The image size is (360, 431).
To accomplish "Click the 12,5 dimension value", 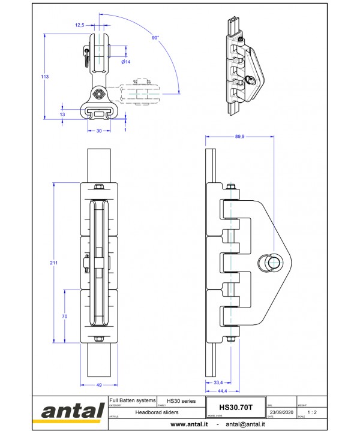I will [x=79, y=25].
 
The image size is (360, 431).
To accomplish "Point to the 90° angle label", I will [x=155, y=38].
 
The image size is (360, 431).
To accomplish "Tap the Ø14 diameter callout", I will [x=126, y=62].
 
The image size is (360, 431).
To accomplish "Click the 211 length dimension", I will [x=55, y=262].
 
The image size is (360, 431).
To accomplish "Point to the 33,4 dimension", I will [x=218, y=382].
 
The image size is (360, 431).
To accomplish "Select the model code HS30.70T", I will [x=236, y=406].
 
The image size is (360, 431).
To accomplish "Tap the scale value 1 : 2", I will [x=311, y=412].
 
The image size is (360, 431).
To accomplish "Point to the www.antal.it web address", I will [x=189, y=424].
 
